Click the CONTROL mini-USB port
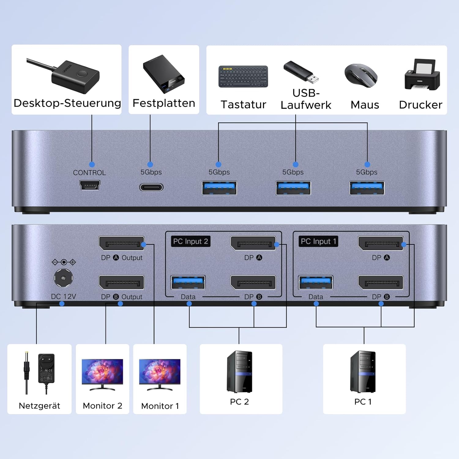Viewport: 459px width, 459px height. (90, 185)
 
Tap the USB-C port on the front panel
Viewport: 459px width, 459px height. (151, 187)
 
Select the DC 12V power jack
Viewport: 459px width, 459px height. (63, 278)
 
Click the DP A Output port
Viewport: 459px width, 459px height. (121, 244)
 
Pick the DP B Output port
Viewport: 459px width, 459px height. (121, 282)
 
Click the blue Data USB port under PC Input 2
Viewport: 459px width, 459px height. (188, 282)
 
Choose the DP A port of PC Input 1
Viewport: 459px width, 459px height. (381, 244)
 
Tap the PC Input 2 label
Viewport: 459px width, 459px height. (190, 241)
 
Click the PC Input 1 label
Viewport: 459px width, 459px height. (318, 241)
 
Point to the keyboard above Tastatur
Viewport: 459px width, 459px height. (243, 76)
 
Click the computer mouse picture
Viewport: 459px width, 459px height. (361, 75)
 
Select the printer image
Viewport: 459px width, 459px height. (422, 75)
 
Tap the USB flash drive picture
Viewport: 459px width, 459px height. (301, 72)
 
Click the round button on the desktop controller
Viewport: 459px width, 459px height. (82, 73)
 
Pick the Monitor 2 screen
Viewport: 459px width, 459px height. (102, 371)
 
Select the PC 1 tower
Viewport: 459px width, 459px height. (363, 371)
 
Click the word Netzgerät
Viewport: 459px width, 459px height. (39, 406)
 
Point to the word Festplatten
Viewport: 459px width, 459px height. (164, 103)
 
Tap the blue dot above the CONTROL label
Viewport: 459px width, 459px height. (92, 165)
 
